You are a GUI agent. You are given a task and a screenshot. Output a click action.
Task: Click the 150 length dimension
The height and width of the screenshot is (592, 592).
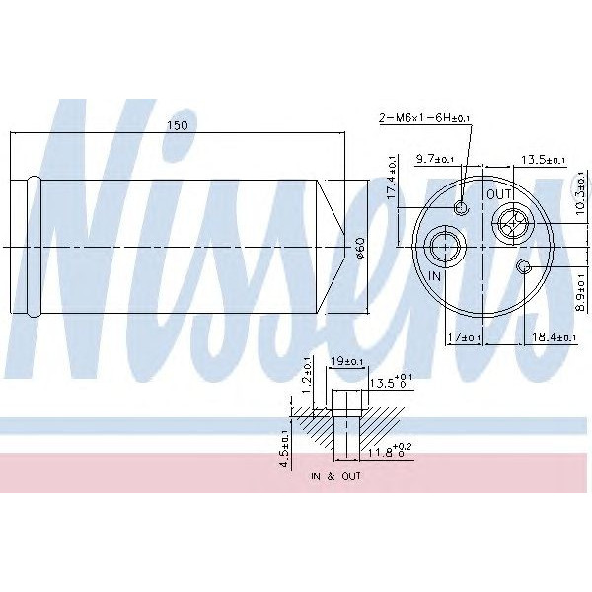178,126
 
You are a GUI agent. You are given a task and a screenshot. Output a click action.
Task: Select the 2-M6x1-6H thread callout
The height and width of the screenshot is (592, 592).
426,118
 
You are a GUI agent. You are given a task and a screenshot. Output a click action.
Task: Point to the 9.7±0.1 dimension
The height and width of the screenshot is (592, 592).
435,159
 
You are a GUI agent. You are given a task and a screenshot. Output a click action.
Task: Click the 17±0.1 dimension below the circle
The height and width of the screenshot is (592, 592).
464,338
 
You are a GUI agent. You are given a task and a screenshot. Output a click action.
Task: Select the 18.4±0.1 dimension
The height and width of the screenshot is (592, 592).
553,338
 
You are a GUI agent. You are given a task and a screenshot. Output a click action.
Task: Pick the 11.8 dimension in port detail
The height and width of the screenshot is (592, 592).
379,452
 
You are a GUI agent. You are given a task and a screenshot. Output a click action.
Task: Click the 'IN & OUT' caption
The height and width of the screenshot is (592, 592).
334,476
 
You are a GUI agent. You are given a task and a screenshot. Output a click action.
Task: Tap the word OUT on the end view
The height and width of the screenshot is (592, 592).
499,194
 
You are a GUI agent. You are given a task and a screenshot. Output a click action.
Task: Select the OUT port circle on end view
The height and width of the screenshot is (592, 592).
511,225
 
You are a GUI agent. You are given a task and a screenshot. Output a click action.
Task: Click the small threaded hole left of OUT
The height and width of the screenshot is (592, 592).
463,208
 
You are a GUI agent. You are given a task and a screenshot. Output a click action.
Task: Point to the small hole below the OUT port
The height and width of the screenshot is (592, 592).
525,267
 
